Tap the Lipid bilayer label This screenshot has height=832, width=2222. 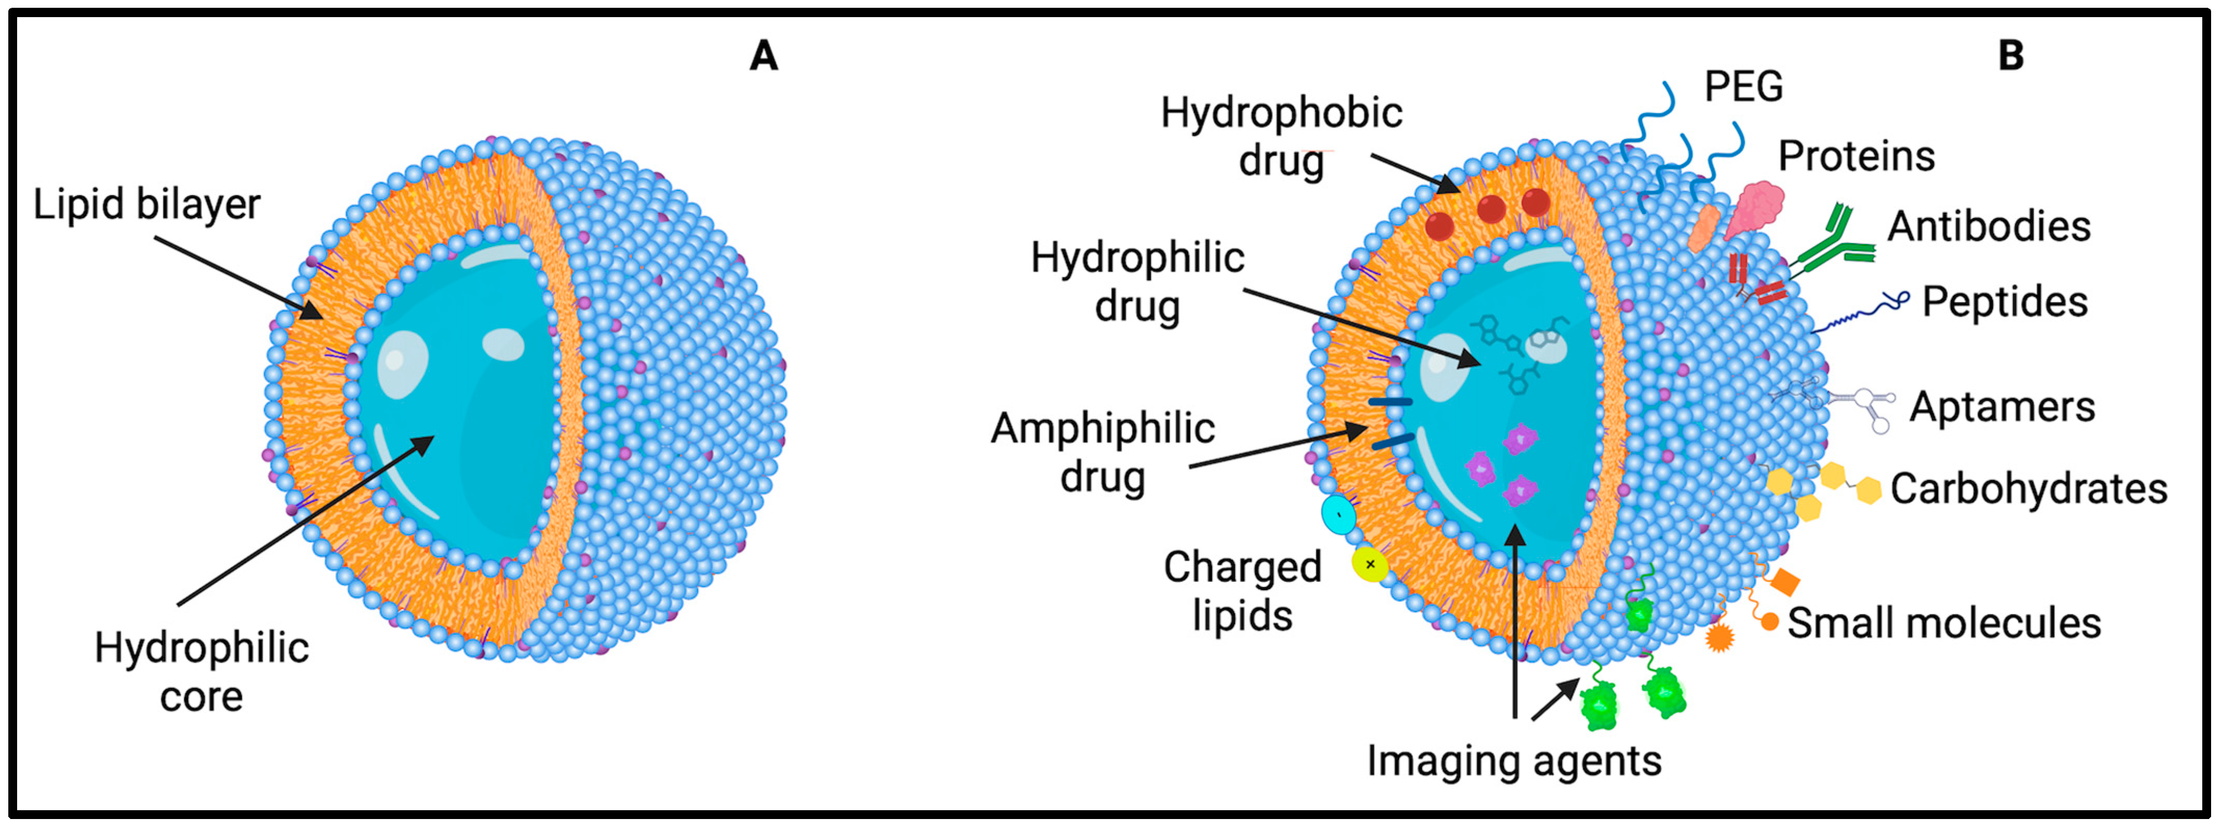click(146, 205)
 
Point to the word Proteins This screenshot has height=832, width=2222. click(1856, 157)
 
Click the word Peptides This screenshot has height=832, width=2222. click(2004, 302)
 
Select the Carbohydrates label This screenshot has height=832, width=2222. click(2028, 489)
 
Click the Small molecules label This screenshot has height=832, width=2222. click(1943, 622)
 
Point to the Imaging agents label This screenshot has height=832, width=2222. click(1514, 760)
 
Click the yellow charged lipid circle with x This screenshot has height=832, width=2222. click(1370, 565)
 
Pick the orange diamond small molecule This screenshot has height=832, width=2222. click(1784, 583)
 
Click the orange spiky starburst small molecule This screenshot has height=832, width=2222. click(1720, 638)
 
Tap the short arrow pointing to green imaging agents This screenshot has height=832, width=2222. click(1555, 699)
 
